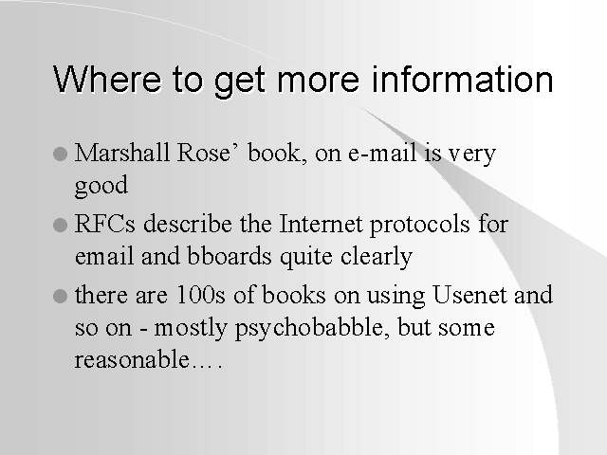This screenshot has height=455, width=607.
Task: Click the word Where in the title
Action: point(107,80)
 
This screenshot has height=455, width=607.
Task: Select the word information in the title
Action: point(462,79)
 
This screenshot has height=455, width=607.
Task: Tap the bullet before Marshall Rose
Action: point(60,154)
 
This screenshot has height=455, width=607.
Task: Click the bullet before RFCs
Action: point(60,225)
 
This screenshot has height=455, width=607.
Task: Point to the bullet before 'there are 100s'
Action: point(60,297)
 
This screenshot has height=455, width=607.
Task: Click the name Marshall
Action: point(122,152)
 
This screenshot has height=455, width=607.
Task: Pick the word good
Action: point(101,186)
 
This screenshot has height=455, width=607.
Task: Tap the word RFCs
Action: point(105,224)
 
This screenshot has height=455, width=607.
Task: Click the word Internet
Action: point(321,224)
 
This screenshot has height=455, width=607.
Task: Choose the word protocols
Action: point(419,226)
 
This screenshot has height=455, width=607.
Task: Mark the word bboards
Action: point(230,256)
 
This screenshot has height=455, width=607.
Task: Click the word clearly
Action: point(377,257)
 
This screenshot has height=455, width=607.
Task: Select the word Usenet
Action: point(469,295)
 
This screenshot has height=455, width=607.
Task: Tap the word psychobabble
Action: point(312,329)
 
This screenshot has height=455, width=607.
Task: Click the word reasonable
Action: point(132,359)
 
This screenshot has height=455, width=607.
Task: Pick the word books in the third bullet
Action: point(294,295)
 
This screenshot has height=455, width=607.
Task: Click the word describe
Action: point(188,224)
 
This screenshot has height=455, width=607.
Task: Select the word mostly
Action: point(191,329)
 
